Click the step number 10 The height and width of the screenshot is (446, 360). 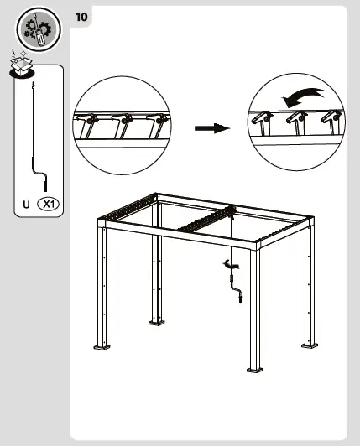tap(81, 17)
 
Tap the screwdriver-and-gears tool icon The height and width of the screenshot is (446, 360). tap(39, 29)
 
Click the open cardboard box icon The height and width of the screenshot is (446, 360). tap(21, 64)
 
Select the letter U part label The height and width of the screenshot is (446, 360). tap(26, 205)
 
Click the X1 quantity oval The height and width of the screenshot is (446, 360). tap(49, 204)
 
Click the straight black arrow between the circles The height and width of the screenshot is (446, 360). tap(212, 128)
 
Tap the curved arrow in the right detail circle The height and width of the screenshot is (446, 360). tap(302, 96)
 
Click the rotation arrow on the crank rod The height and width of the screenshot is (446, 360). tap(231, 265)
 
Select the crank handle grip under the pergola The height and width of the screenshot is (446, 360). tap(240, 299)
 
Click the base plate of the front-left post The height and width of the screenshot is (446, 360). tap(102, 347)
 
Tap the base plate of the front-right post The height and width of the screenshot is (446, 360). tap(255, 370)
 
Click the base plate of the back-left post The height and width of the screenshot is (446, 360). tap(157, 322)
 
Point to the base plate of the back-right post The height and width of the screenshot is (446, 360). tap(310, 345)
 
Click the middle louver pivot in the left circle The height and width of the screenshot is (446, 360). tap(124, 121)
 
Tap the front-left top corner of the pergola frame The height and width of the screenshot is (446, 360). tap(102, 223)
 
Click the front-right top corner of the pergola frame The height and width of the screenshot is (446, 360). tap(255, 245)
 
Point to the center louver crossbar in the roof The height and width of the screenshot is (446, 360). tap(205, 219)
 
